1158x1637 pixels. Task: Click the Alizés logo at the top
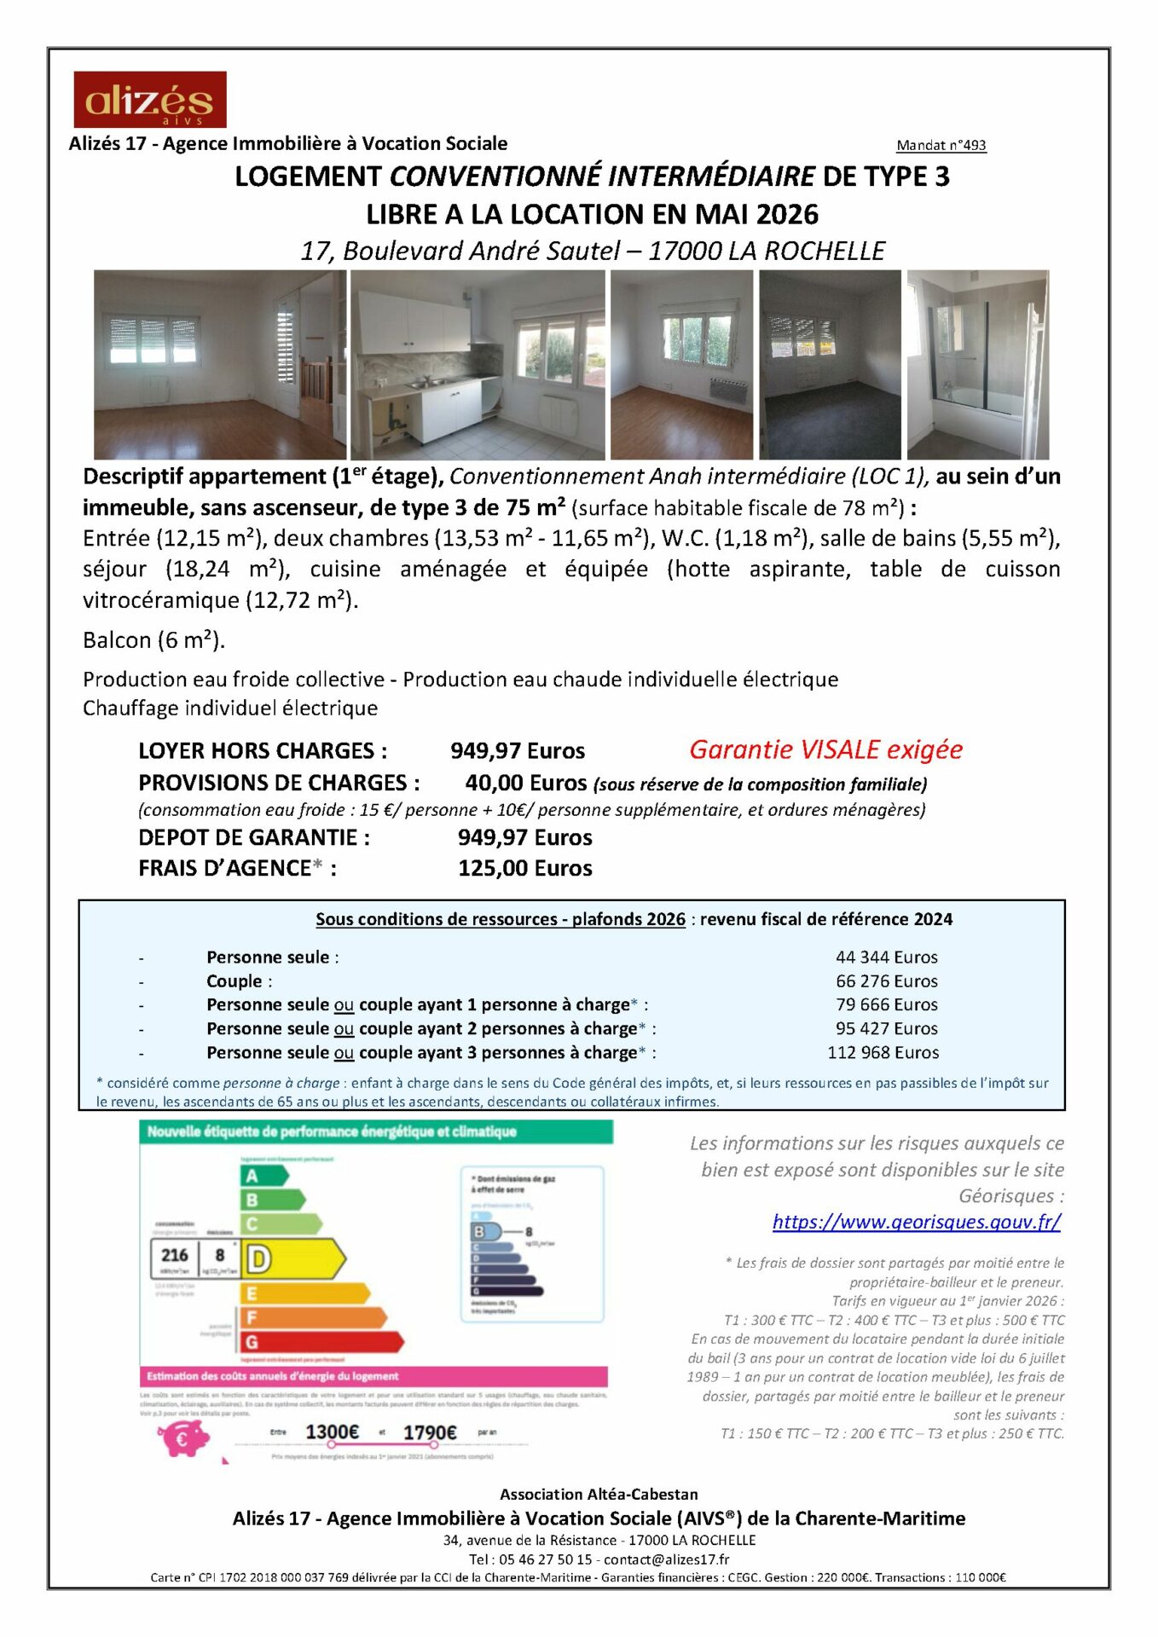[x=150, y=100]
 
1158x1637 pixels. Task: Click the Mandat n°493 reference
[x=941, y=146]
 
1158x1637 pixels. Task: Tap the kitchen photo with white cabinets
[x=478, y=365]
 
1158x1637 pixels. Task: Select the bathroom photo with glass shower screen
[x=977, y=365]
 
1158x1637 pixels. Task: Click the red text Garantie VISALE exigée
[x=825, y=749]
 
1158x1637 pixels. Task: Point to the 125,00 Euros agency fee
[x=524, y=868]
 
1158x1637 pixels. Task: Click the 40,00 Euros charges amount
[x=525, y=783]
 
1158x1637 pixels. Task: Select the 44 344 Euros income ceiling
[x=886, y=957]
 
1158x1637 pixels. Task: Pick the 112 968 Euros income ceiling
[x=883, y=1052]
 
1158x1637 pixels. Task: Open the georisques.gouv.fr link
[x=917, y=1222]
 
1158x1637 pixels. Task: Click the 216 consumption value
[x=175, y=1255]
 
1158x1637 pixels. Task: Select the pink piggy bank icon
[x=183, y=1440]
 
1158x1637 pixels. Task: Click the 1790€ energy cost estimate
[x=430, y=1432]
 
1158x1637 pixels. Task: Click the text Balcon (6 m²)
[x=153, y=640]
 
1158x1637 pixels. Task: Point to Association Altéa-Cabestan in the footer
[x=599, y=1495]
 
